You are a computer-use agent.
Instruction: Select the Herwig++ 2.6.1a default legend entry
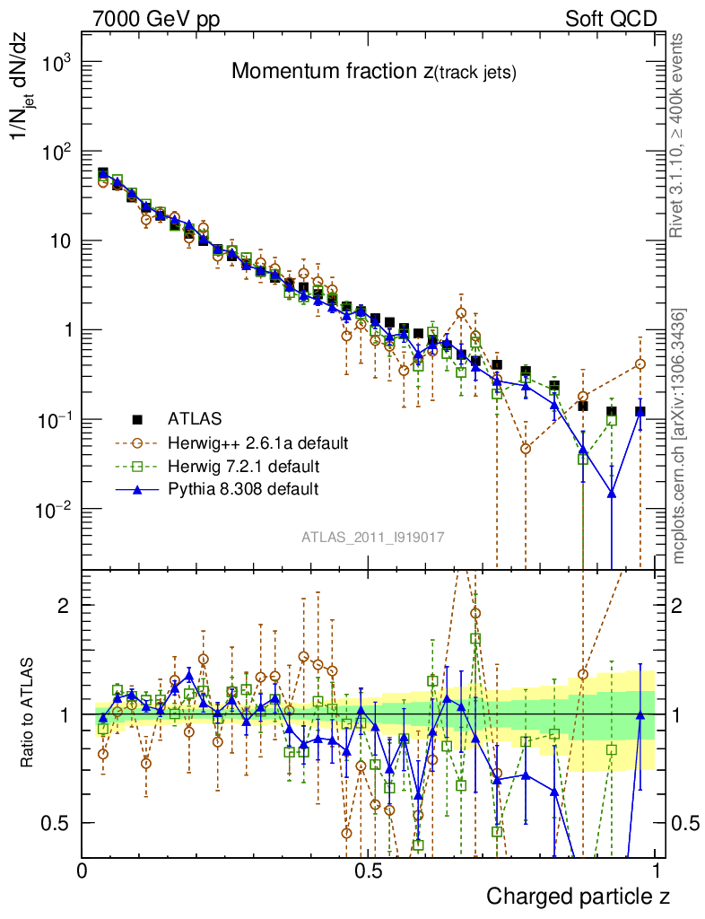[257, 442]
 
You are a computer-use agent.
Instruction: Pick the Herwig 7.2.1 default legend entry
[243, 466]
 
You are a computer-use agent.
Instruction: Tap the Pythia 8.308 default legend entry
[242, 489]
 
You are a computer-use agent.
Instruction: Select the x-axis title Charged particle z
[579, 896]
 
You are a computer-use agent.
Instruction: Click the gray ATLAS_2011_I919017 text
[373, 537]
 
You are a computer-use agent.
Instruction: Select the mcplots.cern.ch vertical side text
[680, 436]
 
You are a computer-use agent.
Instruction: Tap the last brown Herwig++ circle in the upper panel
[640, 363]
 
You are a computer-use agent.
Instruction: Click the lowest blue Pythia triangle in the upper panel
[611, 493]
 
